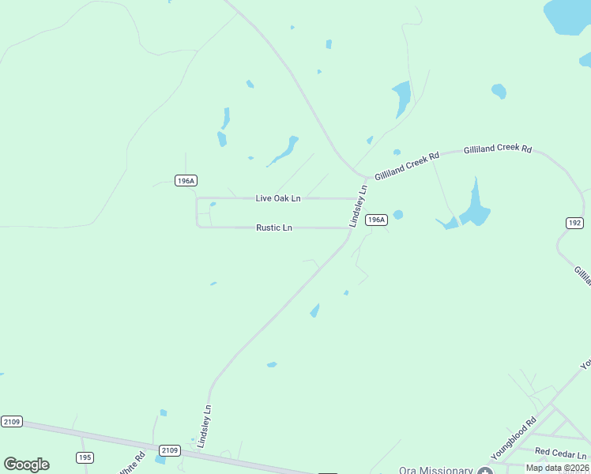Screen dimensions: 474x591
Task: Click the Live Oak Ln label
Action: coord(277,198)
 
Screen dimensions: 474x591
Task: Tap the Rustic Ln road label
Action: coord(274,228)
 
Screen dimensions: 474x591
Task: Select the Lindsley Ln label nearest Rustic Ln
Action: coord(359,206)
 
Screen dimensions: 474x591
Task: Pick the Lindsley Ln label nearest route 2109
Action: coord(205,427)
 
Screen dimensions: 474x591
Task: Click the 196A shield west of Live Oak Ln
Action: coord(186,181)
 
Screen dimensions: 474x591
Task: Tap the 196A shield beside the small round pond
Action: coord(377,220)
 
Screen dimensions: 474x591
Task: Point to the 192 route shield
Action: coord(574,224)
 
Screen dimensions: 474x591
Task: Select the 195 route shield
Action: coord(85,457)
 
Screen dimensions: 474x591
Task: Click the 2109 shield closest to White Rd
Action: coord(170,450)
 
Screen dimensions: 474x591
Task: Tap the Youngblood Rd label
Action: coord(514,438)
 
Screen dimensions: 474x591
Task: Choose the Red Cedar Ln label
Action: coord(561,453)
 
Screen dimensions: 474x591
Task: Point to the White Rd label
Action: coord(133,463)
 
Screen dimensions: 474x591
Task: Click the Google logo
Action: coord(26,464)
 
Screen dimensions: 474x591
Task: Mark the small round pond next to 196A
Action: coord(398,214)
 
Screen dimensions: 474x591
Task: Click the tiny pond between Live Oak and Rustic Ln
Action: coord(213,205)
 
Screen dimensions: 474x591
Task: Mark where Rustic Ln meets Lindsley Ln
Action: coord(348,228)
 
